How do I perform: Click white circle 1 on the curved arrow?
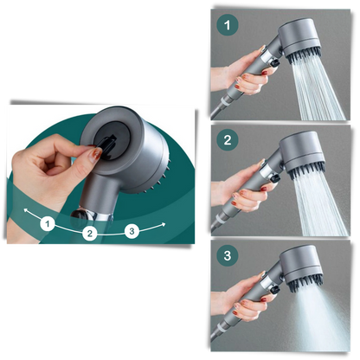click(x=47, y=224)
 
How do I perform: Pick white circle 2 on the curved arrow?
click(x=89, y=233)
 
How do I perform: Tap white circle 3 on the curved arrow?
click(x=131, y=230)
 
